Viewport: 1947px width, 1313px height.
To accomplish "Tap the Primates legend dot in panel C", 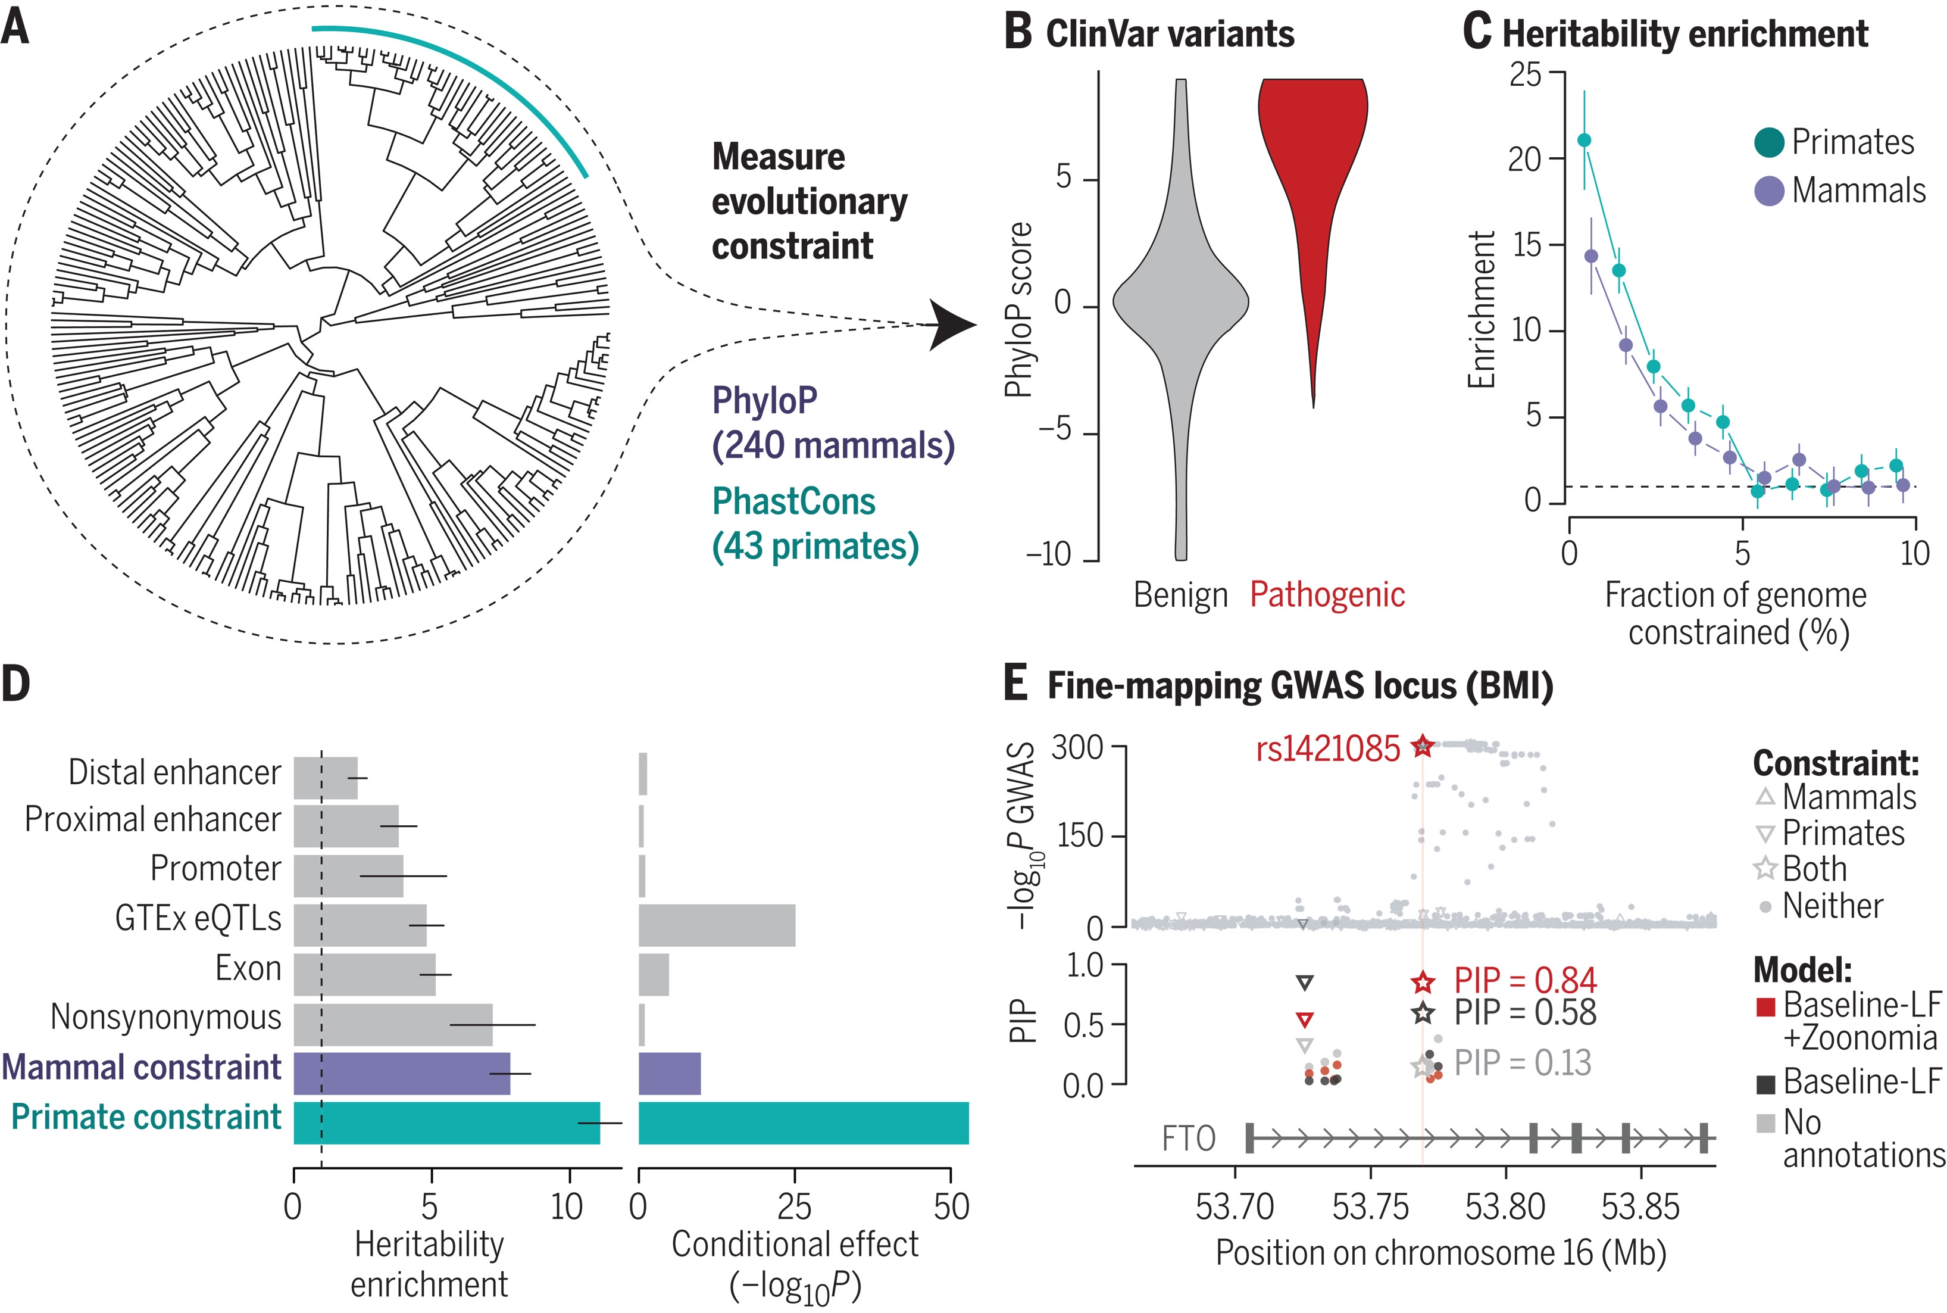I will pyautogui.click(x=1770, y=142).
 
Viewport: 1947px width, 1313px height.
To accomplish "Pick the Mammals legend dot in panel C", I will pyautogui.click(x=1770, y=191).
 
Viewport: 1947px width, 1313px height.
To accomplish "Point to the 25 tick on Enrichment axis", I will pyautogui.click(x=1525, y=74).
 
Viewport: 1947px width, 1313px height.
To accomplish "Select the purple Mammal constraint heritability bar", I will pyautogui.click(x=402, y=1074).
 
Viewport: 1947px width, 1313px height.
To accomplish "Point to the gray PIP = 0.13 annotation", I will pyautogui.click(x=1523, y=1064).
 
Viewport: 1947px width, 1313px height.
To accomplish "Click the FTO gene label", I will pyautogui.click(x=1189, y=1139).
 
